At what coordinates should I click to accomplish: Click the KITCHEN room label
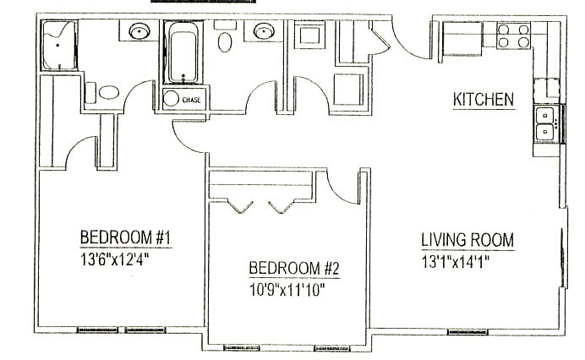point(484,100)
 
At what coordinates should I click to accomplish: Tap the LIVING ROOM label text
point(467,240)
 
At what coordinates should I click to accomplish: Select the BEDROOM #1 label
point(125,237)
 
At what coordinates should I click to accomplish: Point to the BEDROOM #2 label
point(294,268)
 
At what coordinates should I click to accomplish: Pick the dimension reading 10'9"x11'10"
point(287,290)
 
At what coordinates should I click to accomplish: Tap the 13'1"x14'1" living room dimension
point(456,262)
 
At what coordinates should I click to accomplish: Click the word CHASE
point(191,100)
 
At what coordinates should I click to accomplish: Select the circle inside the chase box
point(172,98)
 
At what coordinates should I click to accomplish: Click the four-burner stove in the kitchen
point(513,35)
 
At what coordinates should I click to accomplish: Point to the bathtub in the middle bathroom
point(183,52)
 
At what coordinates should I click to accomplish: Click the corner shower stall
point(58,46)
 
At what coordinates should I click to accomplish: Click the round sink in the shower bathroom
point(139,31)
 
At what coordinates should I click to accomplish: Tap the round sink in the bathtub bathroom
point(264,30)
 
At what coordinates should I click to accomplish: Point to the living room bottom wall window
point(467,331)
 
